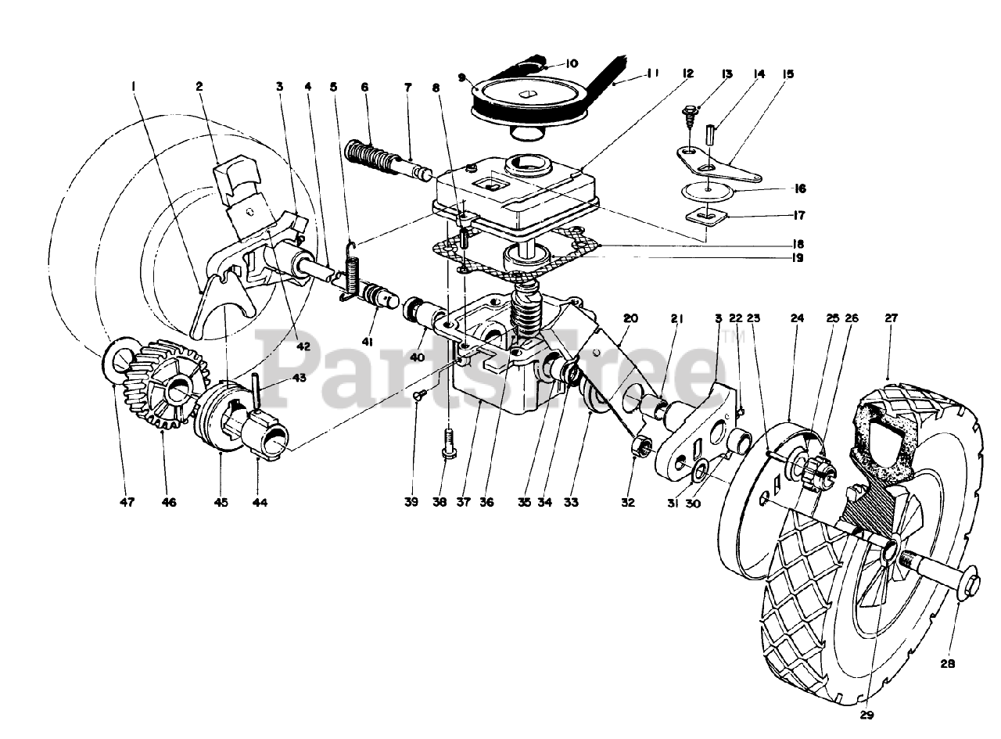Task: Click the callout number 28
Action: (946, 665)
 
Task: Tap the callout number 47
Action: (127, 503)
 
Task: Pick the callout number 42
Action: (303, 346)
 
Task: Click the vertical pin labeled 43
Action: (257, 386)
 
